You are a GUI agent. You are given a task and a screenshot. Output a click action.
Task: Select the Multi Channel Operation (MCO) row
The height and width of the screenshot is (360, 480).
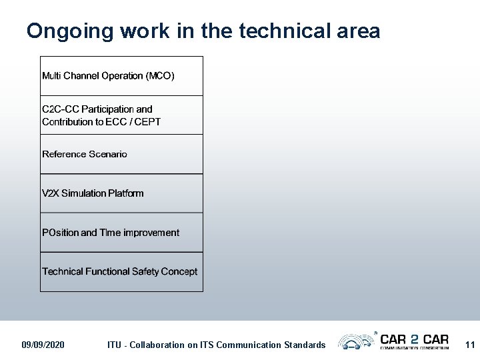tap(121, 76)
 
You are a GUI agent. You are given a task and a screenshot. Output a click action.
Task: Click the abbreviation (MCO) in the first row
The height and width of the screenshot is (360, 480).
tap(160, 76)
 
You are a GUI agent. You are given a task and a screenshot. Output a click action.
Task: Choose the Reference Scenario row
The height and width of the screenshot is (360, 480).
tap(121, 154)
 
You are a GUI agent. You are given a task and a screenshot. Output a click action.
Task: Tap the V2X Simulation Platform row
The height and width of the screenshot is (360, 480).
tap(121, 193)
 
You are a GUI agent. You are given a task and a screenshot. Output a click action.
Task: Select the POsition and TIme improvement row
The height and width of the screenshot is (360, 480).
tap(121, 233)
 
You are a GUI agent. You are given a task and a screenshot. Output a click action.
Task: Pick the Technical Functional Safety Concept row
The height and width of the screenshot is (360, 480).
tap(121, 271)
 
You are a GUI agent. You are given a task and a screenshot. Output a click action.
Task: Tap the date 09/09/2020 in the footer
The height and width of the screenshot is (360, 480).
tap(43, 345)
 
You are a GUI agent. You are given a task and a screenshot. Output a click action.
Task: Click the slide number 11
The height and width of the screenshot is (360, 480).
tap(470, 345)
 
